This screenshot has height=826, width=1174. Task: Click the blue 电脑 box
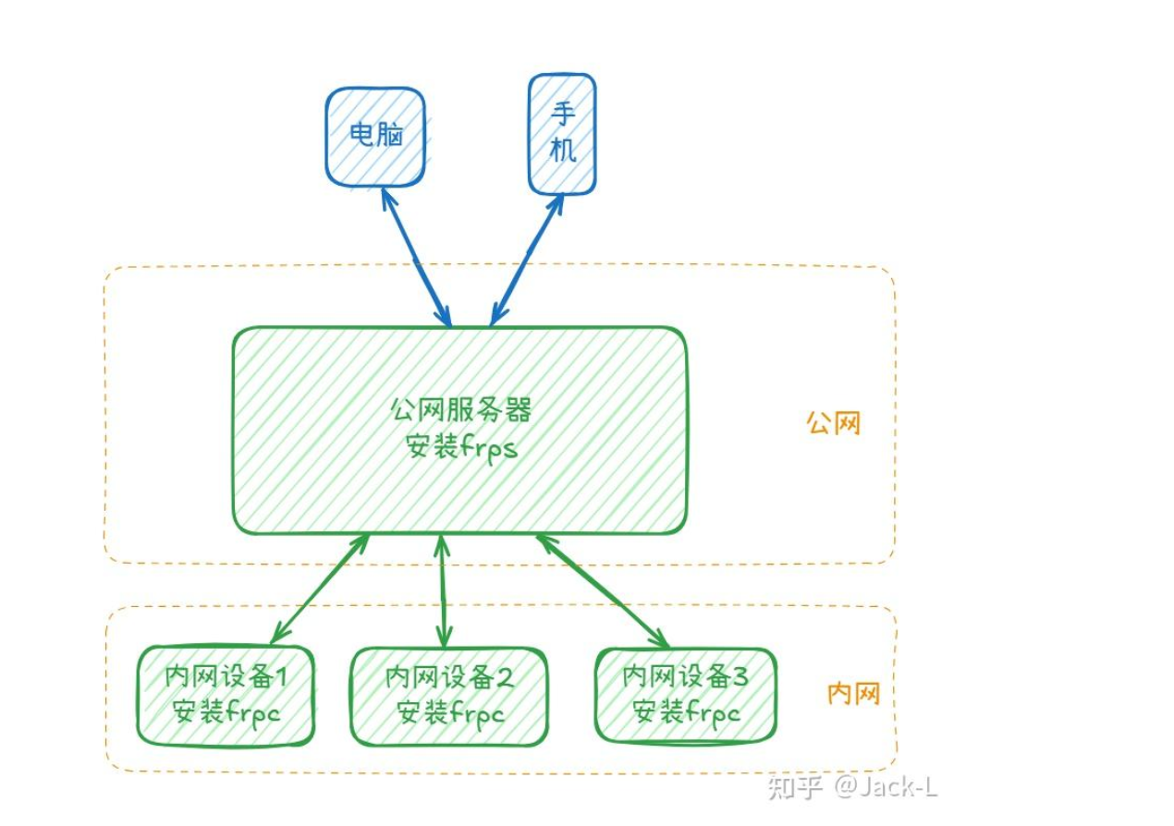click(375, 136)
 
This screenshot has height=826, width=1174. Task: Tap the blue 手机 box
click(562, 134)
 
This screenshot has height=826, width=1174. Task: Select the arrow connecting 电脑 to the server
click(416, 255)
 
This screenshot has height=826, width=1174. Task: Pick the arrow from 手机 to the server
click(527, 259)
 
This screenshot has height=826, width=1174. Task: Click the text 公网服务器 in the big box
click(460, 409)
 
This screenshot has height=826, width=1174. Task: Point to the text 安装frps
click(460, 450)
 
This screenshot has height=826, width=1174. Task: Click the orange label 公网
click(833, 423)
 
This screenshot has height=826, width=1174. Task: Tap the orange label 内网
click(852, 695)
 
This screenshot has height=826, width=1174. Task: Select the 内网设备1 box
click(226, 695)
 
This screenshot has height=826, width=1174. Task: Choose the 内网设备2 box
click(448, 696)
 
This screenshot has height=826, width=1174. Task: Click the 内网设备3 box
click(685, 694)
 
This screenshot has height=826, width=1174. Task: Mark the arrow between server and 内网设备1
click(319, 588)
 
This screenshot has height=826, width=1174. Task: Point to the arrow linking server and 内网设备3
click(602, 590)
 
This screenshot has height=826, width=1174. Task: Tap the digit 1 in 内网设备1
click(282, 677)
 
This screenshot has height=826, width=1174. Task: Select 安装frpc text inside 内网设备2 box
click(450, 713)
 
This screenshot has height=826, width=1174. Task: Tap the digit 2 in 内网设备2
click(505, 677)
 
